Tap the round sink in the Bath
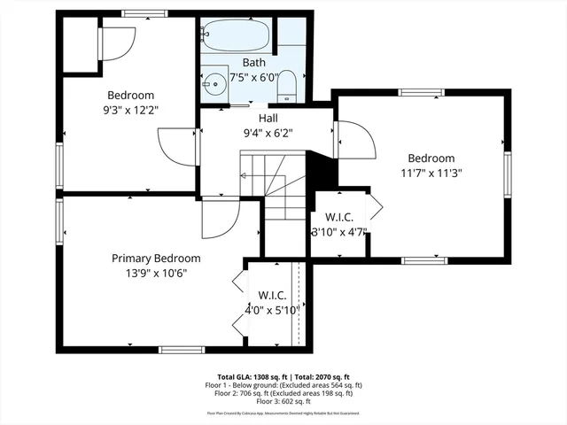(214, 86)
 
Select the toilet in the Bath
(287, 86)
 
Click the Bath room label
(254, 63)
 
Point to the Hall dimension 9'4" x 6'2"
(268, 133)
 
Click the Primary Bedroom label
(156, 259)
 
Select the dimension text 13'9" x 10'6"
(156, 273)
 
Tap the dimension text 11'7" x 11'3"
(431, 173)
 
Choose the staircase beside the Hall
(275, 190)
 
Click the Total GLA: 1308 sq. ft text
(252, 376)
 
